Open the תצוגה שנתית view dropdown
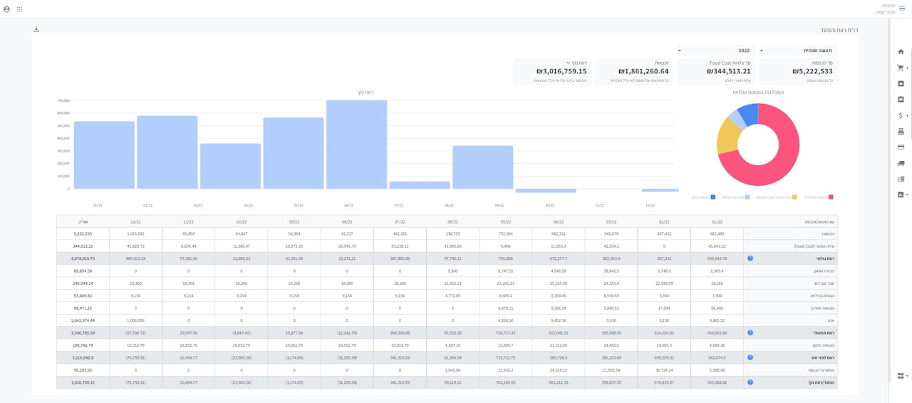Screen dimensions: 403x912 (x=798, y=51)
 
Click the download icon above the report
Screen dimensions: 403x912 (x=36, y=30)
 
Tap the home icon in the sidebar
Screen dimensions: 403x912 (x=901, y=52)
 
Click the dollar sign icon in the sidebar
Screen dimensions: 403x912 (x=901, y=115)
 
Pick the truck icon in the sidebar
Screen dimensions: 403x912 (x=901, y=163)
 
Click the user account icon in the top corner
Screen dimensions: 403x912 (x=6, y=9)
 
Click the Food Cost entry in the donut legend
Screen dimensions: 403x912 (x=775, y=197)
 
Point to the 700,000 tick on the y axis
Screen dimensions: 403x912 (x=63, y=100)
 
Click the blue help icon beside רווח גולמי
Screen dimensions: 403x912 (x=750, y=258)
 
